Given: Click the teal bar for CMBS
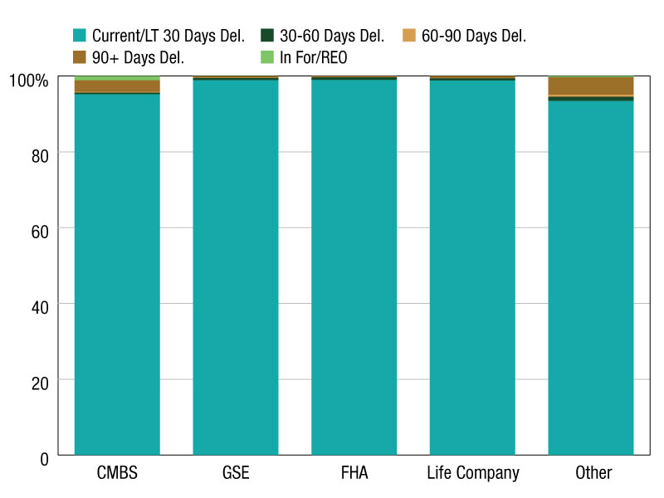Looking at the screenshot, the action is pyautogui.click(x=117, y=275).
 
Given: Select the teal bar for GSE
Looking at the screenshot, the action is pyautogui.click(x=236, y=267).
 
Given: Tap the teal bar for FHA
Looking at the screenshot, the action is pyautogui.click(x=354, y=267).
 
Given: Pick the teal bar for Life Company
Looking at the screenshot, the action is pyautogui.click(x=472, y=267).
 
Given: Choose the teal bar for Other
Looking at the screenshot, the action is pyautogui.click(x=591, y=278).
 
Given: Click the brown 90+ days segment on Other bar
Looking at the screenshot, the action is pyautogui.click(x=591, y=86).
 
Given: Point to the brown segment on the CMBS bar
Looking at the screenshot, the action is pyautogui.click(x=117, y=86).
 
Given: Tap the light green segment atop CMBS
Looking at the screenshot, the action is pyautogui.click(x=117, y=78).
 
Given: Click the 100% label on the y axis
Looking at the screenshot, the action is pyautogui.click(x=29, y=81).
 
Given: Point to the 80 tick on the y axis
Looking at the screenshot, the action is pyautogui.click(x=40, y=156).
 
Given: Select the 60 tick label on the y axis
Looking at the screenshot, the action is pyautogui.click(x=40, y=232).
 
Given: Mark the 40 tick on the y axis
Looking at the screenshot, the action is pyautogui.click(x=40, y=307).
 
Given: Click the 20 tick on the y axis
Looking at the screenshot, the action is pyautogui.click(x=40, y=383).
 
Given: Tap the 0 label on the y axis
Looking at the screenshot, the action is pyautogui.click(x=45, y=459).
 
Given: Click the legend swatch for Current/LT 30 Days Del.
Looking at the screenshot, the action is pyautogui.click(x=80, y=35).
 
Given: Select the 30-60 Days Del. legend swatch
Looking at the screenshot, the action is pyautogui.click(x=267, y=35).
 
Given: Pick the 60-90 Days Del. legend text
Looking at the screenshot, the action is pyautogui.click(x=474, y=36).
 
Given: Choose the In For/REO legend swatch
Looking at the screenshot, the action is pyautogui.click(x=267, y=57).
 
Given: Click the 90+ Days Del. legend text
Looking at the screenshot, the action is pyautogui.click(x=138, y=58).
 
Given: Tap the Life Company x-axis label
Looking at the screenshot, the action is pyautogui.click(x=473, y=473).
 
